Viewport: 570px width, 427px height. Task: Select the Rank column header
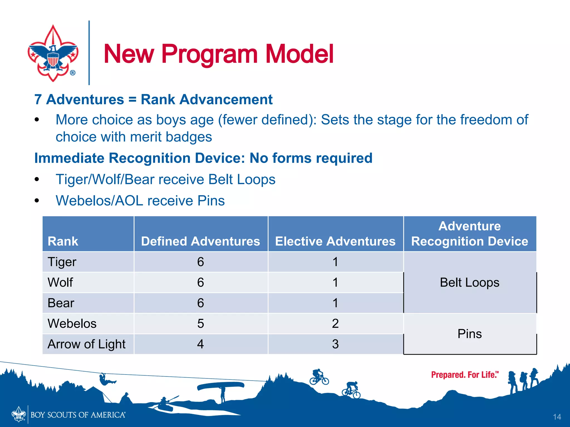tap(63, 241)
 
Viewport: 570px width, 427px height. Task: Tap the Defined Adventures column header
tap(200, 241)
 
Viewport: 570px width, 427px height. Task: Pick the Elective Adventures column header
tap(335, 241)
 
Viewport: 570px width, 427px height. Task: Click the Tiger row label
tap(62, 262)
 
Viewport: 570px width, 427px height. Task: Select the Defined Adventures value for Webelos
tap(200, 324)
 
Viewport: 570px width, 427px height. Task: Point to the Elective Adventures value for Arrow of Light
tap(335, 344)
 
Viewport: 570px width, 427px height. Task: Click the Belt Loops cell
tap(470, 282)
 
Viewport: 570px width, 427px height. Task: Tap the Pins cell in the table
tap(470, 334)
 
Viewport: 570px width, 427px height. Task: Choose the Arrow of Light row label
tap(87, 344)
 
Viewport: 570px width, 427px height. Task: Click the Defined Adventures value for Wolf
tap(200, 282)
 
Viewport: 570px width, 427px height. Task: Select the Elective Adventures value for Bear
tap(335, 303)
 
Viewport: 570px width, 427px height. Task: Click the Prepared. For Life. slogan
tap(465, 375)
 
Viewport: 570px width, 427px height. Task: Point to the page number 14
tap(557, 417)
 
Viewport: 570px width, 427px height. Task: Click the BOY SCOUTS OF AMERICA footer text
tap(78, 415)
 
